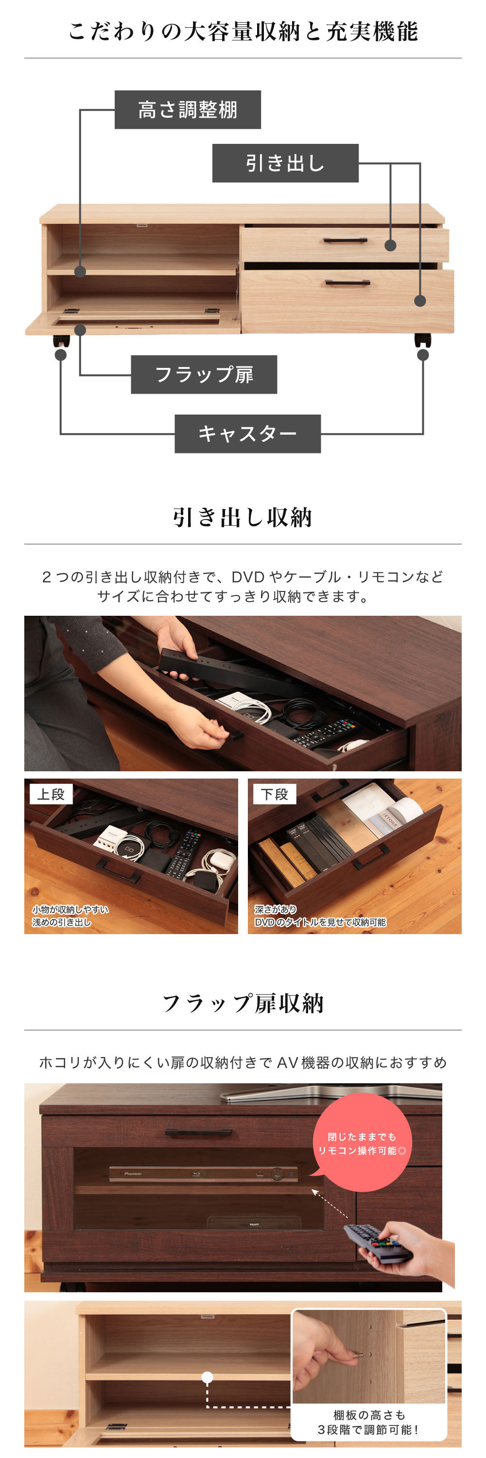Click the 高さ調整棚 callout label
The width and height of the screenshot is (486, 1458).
(x=187, y=109)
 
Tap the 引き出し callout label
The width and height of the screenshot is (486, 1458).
(x=285, y=163)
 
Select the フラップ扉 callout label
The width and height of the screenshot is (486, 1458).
(x=204, y=374)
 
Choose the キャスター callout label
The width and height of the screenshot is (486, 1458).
(x=247, y=434)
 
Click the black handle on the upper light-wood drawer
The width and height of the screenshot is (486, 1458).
(x=345, y=241)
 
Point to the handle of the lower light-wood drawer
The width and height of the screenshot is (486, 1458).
(x=347, y=282)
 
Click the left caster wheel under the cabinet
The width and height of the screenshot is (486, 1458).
(x=62, y=341)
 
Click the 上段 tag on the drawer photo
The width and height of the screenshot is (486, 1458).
(x=51, y=794)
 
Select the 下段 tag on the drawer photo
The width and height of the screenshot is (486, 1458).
(x=275, y=794)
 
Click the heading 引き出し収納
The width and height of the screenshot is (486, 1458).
(x=243, y=517)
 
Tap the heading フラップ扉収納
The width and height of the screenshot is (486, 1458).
(x=243, y=1003)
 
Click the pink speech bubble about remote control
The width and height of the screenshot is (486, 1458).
(x=362, y=1142)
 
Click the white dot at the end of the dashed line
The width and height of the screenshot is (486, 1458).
(x=208, y=1376)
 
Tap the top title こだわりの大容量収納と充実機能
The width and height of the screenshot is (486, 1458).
(x=243, y=31)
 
